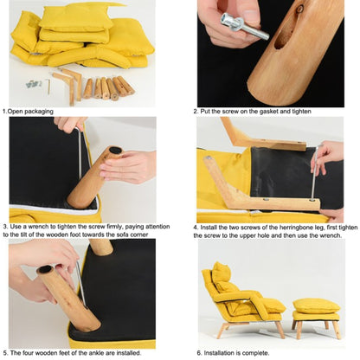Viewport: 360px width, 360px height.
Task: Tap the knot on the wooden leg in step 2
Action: click(299, 9)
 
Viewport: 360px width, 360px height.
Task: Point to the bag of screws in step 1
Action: click(34, 84)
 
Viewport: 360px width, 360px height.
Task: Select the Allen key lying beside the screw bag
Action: click(48, 87)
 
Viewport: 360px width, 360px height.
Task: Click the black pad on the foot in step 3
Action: click(115, 150)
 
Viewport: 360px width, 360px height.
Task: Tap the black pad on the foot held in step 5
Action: click(45, 270)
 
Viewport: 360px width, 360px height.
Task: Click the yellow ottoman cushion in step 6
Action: click(317, 306)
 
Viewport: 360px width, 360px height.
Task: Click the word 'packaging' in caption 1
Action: click(39, 112)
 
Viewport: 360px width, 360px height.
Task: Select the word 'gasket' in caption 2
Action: click(270, 111)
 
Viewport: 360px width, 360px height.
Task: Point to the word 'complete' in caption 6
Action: click(256, 353)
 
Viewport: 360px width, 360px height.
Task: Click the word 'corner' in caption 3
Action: click(139, 235)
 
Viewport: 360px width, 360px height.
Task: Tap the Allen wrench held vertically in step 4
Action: click(315, 173)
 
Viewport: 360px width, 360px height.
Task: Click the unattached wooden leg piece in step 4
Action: click(262, 138)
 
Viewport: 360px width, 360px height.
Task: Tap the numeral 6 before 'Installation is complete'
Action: click(199, 353)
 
